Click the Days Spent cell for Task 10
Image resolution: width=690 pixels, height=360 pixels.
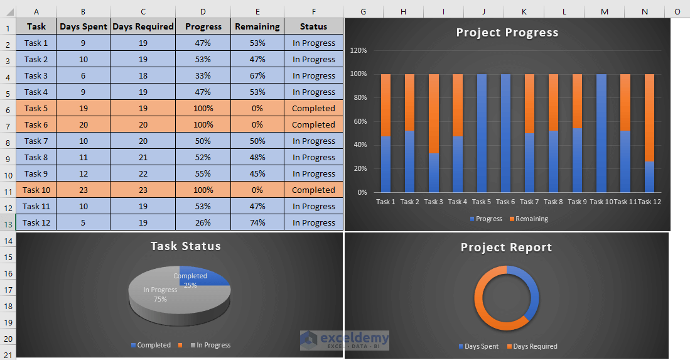[83, 190]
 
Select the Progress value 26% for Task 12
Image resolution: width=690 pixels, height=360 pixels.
[203, 222]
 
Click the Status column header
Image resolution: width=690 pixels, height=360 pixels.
[313, 26]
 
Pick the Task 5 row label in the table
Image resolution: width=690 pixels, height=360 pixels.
[36, 108]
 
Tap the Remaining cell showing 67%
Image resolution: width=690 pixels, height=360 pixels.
[257, 75]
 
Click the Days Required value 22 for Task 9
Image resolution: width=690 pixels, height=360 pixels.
[143, 173]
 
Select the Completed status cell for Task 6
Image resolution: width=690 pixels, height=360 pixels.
[313, 124]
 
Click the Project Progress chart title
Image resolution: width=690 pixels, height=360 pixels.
[507, 33]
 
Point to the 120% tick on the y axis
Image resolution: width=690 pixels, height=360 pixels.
[358, 51]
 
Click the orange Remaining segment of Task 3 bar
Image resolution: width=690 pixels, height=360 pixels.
[433, 113]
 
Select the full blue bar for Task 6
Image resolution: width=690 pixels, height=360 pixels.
[505, 133]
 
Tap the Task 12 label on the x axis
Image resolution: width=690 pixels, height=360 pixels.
[649, 202]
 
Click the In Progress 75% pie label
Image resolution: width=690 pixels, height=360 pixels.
[160, 294]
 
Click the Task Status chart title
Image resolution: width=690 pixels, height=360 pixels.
[185, 246]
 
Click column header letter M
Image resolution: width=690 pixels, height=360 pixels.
[604, 11]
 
